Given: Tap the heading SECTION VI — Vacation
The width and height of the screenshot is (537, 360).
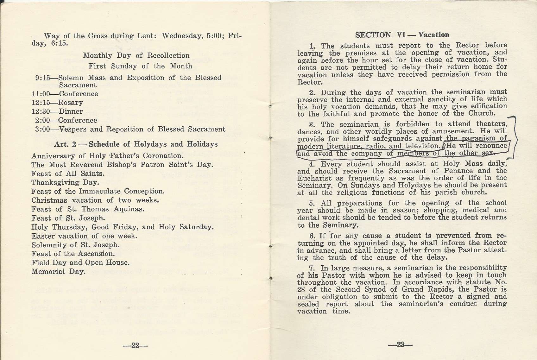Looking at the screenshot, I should (402, 35).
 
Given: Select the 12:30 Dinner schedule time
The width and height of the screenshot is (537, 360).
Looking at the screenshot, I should (42, 111).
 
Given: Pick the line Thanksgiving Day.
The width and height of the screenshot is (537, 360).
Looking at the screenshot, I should (65, 182).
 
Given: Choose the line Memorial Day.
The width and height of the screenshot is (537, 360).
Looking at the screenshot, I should (59, 271).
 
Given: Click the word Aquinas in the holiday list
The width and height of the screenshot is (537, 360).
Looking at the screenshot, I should (129, 209).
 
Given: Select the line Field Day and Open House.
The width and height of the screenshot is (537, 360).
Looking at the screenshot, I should (80, 262).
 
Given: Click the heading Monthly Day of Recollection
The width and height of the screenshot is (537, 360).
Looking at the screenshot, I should (136, 55).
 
